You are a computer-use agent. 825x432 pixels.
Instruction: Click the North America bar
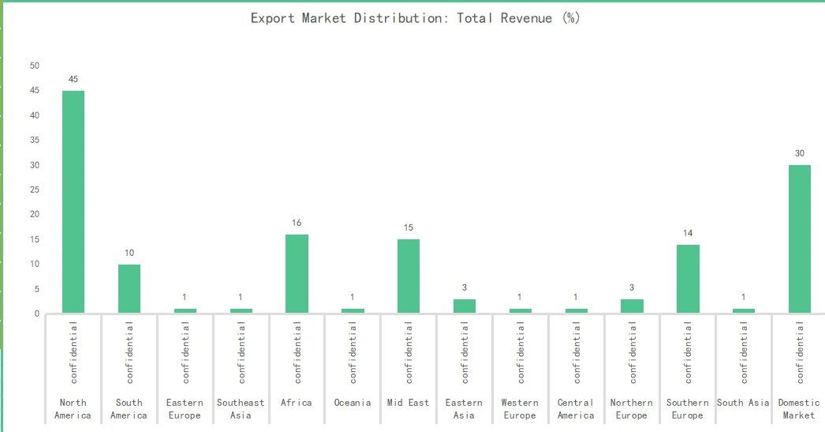coord(73,202)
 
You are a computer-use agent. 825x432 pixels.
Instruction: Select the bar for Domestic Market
coord(800,239)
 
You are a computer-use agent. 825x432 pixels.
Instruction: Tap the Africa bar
coord(297,274)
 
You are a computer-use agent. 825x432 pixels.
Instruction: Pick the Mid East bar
coord(409,276)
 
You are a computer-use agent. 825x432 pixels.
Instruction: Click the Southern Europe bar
coord(688,279)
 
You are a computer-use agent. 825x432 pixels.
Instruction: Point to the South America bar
coord(129,289)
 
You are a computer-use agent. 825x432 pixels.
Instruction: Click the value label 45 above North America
coord(73,79)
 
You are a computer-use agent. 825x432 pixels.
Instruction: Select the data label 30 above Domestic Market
coord(800,153)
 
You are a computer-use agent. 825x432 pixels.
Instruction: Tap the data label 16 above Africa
coord(297,223)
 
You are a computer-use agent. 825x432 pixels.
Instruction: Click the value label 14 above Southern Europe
coord(688,233)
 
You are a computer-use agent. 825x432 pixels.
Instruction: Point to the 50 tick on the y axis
coord(35,66)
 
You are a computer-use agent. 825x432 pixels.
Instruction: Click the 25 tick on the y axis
coord(35,190)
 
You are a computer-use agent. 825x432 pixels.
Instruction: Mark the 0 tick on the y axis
coord(37,314)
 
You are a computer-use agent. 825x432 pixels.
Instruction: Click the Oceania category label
coord(353,403)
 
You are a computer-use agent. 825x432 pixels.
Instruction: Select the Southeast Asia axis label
coord(241,409)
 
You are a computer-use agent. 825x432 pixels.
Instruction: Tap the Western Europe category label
coord(520,409)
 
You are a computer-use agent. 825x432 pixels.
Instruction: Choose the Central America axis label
coord(576,409)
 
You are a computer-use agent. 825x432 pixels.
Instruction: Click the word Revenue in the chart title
coord(526,17)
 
